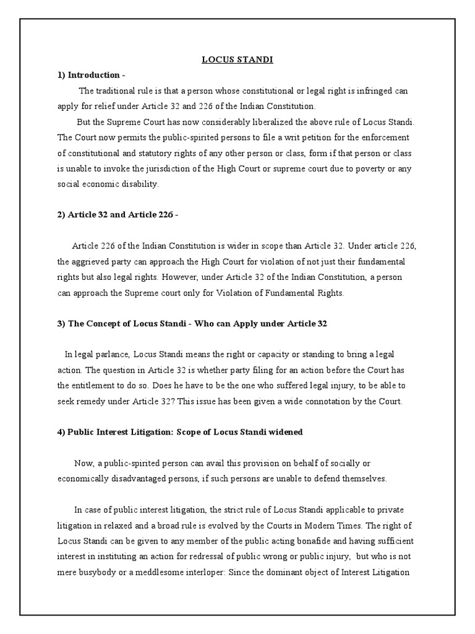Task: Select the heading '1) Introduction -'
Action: coord(91,75)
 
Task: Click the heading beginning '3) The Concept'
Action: coord(192,323)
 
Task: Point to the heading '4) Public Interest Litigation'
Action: coord(180,432)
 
